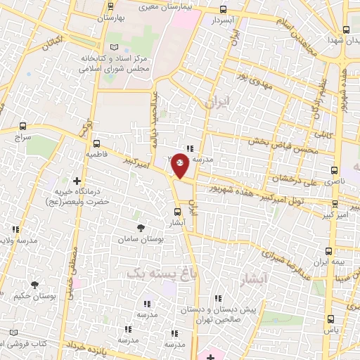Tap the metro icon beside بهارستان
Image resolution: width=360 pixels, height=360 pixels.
[110, 6]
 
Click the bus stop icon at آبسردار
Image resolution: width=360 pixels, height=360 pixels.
[224, 10]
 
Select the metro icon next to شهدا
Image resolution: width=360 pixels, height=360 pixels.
[345, 30]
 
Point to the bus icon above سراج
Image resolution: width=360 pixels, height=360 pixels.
[23, 127]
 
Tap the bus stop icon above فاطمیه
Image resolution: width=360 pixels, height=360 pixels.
[96, 143]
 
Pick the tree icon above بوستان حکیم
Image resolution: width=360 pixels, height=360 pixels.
[34, 283]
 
